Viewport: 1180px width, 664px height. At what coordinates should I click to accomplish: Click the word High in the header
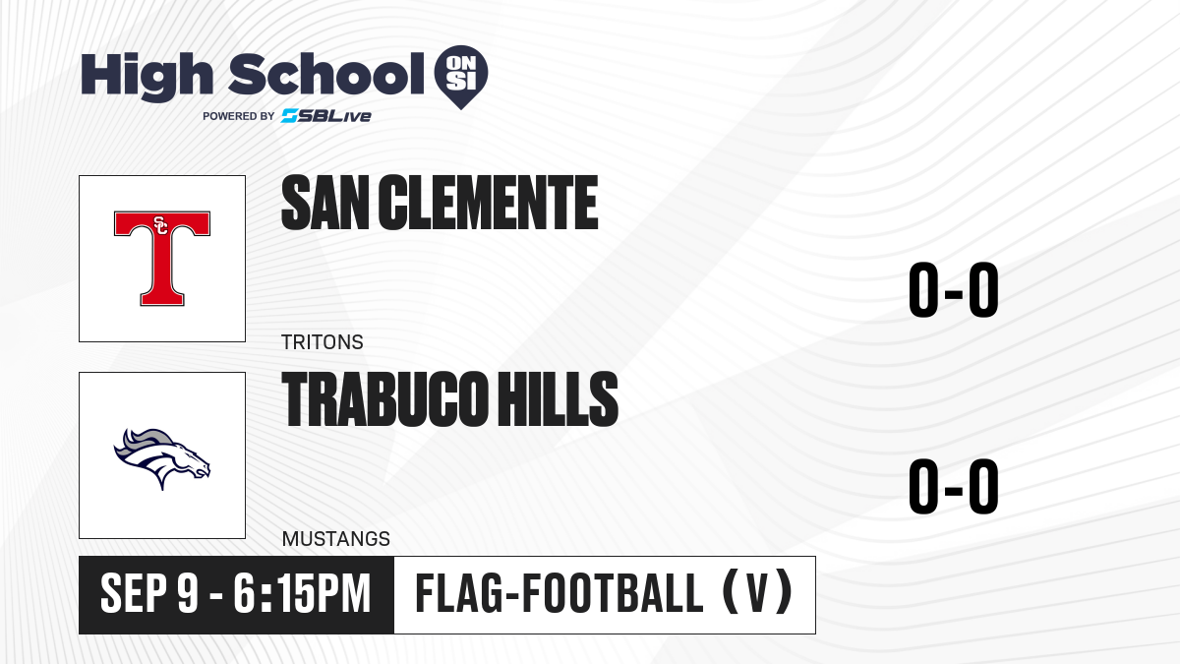point(147,76)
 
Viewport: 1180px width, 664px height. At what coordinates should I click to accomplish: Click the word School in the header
point(326,74)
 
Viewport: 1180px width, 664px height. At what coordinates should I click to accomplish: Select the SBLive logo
point(326,115)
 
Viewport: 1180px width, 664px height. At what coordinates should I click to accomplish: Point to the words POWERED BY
point(239,116)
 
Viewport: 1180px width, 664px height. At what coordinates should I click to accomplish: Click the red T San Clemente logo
point(162,258)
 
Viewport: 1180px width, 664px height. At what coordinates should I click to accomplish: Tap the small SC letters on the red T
point(160,224)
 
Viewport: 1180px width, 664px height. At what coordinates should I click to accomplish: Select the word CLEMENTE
point(488,203)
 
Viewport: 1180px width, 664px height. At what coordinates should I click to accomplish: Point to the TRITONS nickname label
point(323,342)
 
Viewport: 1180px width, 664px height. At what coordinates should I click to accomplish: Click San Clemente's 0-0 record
point(954,290)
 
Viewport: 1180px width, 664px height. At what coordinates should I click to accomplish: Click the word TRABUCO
point(383,399)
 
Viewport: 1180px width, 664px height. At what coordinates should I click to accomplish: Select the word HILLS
point(558,399)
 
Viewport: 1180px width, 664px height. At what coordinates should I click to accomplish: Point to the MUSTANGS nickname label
point(336,539)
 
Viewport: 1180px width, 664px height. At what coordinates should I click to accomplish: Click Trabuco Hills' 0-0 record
point(954,486)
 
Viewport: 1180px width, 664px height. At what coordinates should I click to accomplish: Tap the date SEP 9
point(149,593)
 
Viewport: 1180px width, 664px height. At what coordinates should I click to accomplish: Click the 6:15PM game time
point(303,593)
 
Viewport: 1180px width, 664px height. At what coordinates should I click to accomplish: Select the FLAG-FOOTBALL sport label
point(559,593)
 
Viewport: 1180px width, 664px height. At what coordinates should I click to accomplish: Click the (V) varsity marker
point(757,592)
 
